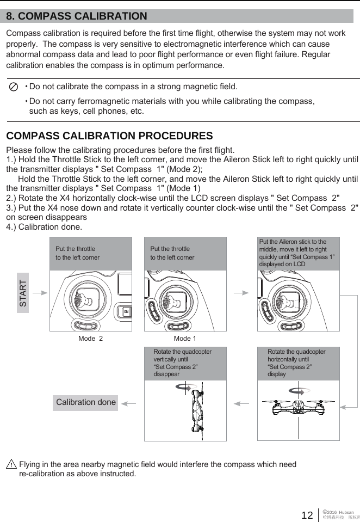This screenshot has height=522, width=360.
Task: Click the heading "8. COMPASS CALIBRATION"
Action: pos(77,16)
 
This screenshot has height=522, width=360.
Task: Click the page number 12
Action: pos(307,515)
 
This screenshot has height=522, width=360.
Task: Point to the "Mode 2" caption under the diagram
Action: pos(90,338)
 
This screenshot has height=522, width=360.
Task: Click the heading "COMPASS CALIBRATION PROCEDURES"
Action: pos(109,136)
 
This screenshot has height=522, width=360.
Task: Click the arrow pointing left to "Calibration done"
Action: pos(128,403)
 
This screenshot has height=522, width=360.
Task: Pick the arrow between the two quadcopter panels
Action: pos(241,403)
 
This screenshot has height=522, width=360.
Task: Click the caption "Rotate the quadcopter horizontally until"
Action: pos(296,355)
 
